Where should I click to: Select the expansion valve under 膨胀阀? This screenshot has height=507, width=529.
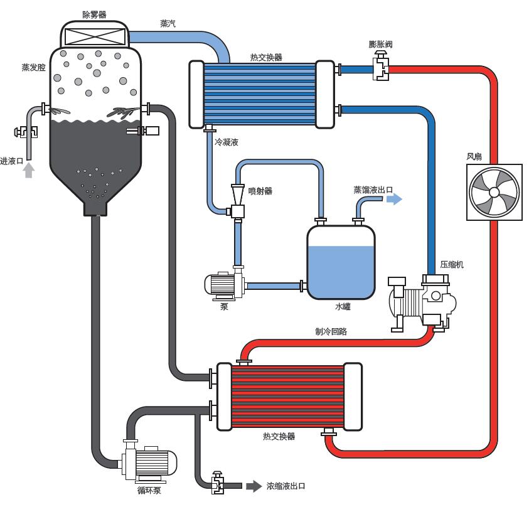[x=380, y=67]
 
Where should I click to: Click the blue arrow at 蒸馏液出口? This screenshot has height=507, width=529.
[x=394, y=199]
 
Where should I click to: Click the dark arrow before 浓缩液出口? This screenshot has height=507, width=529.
[x=253, y=486]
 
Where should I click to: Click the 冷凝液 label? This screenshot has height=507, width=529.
[x=227, y=143]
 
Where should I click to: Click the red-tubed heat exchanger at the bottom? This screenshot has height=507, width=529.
[x=289, y=395]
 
